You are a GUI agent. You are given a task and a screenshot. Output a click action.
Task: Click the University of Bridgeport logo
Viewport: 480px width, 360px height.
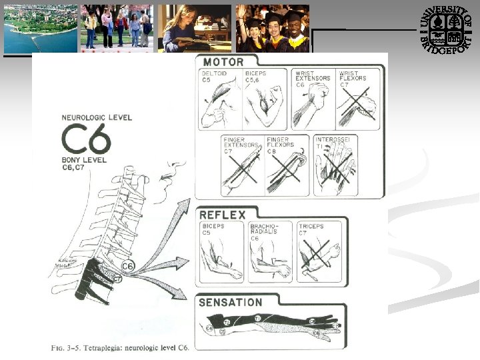pos(446,29)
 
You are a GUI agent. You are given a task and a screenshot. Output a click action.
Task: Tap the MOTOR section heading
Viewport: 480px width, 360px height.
pos(225,62)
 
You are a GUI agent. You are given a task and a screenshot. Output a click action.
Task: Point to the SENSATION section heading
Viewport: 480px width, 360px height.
pos(231,302)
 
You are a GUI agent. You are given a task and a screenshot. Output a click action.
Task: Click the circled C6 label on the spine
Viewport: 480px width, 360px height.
pos(127,267)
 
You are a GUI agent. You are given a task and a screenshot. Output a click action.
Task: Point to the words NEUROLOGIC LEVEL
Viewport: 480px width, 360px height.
pos(97,117)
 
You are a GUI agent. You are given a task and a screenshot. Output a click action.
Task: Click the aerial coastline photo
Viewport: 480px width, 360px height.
pos(40,29)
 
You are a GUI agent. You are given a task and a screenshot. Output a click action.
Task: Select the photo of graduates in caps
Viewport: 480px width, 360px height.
pos(273,29)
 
